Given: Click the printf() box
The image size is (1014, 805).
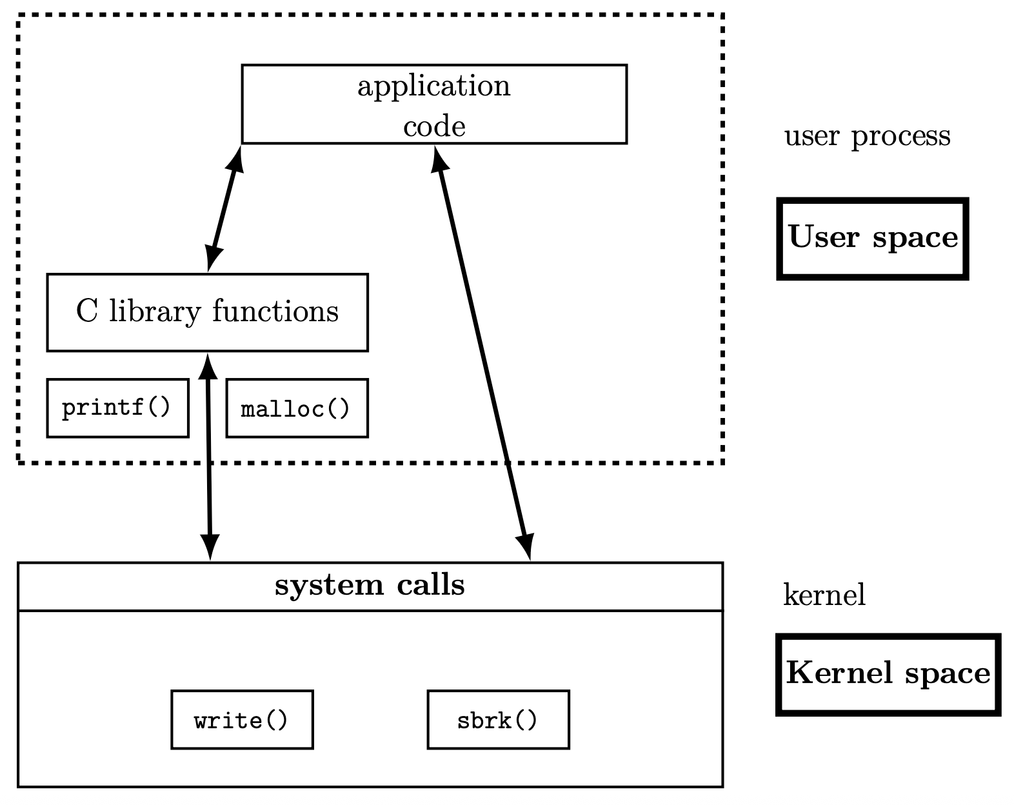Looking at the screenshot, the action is pos(118,408).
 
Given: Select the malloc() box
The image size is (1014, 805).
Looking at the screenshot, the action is pos(297,408).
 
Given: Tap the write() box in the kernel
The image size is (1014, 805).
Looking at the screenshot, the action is pos(242,720).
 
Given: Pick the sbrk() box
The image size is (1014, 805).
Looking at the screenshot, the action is pos(499,720).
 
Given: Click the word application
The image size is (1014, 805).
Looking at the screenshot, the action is pos(434,86).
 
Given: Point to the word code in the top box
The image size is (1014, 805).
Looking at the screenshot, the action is pos(435,126).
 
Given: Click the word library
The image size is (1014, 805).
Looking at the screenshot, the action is pos(155,312).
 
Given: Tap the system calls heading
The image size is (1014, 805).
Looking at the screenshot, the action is pos(370,586).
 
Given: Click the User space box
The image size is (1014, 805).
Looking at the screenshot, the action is pos(873,239).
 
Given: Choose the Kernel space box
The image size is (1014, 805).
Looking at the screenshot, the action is pos(888,675).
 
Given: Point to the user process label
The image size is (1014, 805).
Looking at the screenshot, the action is pos(868,137).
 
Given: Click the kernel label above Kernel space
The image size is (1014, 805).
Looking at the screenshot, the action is pos(824,594).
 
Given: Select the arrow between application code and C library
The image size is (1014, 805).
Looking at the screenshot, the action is pos(224,209).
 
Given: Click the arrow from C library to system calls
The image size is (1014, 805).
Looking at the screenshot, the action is pos(209,457).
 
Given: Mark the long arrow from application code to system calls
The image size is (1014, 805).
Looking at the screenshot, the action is pos(482,353).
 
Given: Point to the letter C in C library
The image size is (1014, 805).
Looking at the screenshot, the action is pos(87,311).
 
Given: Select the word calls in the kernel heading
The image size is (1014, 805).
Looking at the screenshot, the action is pos(431,586).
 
